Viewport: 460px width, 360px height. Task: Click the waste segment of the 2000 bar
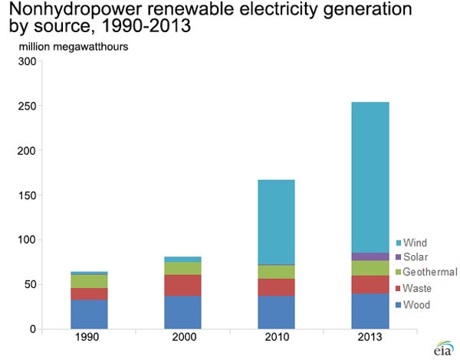point(182,285)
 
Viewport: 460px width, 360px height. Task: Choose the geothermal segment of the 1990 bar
point(88,281)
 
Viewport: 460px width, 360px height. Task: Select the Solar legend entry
point(415,257)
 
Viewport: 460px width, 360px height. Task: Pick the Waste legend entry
point(416,289)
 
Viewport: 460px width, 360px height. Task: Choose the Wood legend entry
point(416,305)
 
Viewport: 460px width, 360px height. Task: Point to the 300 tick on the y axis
point(25,62)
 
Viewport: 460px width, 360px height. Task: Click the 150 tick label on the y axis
point(25,195)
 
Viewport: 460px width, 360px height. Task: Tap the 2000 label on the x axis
point(182,337)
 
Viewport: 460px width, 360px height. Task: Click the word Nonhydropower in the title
point(68,11)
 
